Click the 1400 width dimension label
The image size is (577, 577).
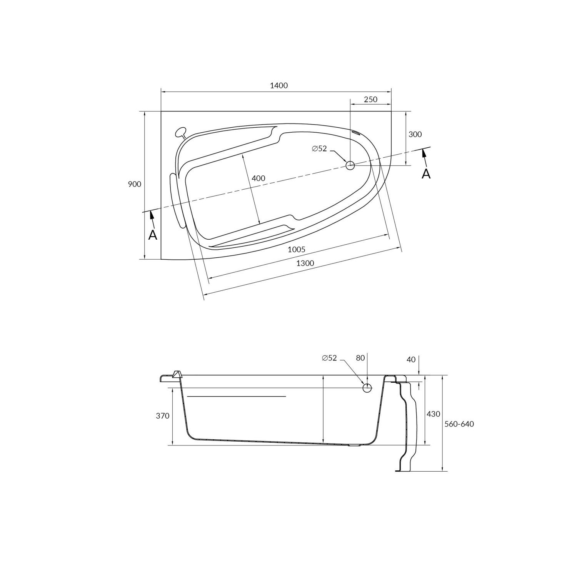pyautogui.click(x=279, y=86)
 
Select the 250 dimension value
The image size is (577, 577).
pyautogui.click(x=370, y=100)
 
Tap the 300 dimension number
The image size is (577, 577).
pyautogui.click(x=415, y=134)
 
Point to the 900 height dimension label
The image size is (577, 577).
pyautogui.click(x=135, y=184)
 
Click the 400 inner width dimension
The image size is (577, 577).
pyautogui.click(x=258, y=178)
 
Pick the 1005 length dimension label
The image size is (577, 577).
pyautogui.click(x=297, y=250)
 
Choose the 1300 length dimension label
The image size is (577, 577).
pyautogui.click(x=305, y=263)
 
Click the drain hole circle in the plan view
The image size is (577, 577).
pyautogui.click(x=350, y=165)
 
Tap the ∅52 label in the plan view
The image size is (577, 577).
pyautogui.click(x=319, y=149)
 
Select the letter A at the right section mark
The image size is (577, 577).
pyautogui.click(x=426, y=174)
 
